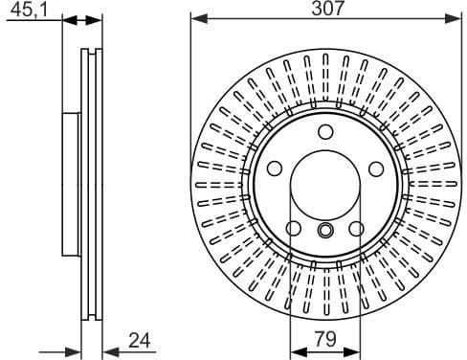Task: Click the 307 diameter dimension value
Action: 325,9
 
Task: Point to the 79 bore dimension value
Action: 325,338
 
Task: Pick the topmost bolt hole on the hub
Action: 325,133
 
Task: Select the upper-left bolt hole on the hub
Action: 276,169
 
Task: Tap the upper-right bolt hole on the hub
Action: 375,169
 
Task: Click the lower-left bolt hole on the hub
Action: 295,228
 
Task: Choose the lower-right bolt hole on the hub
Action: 356,228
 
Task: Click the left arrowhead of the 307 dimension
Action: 196,17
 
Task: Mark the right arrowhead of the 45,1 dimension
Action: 96,19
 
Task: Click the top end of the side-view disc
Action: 91,50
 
